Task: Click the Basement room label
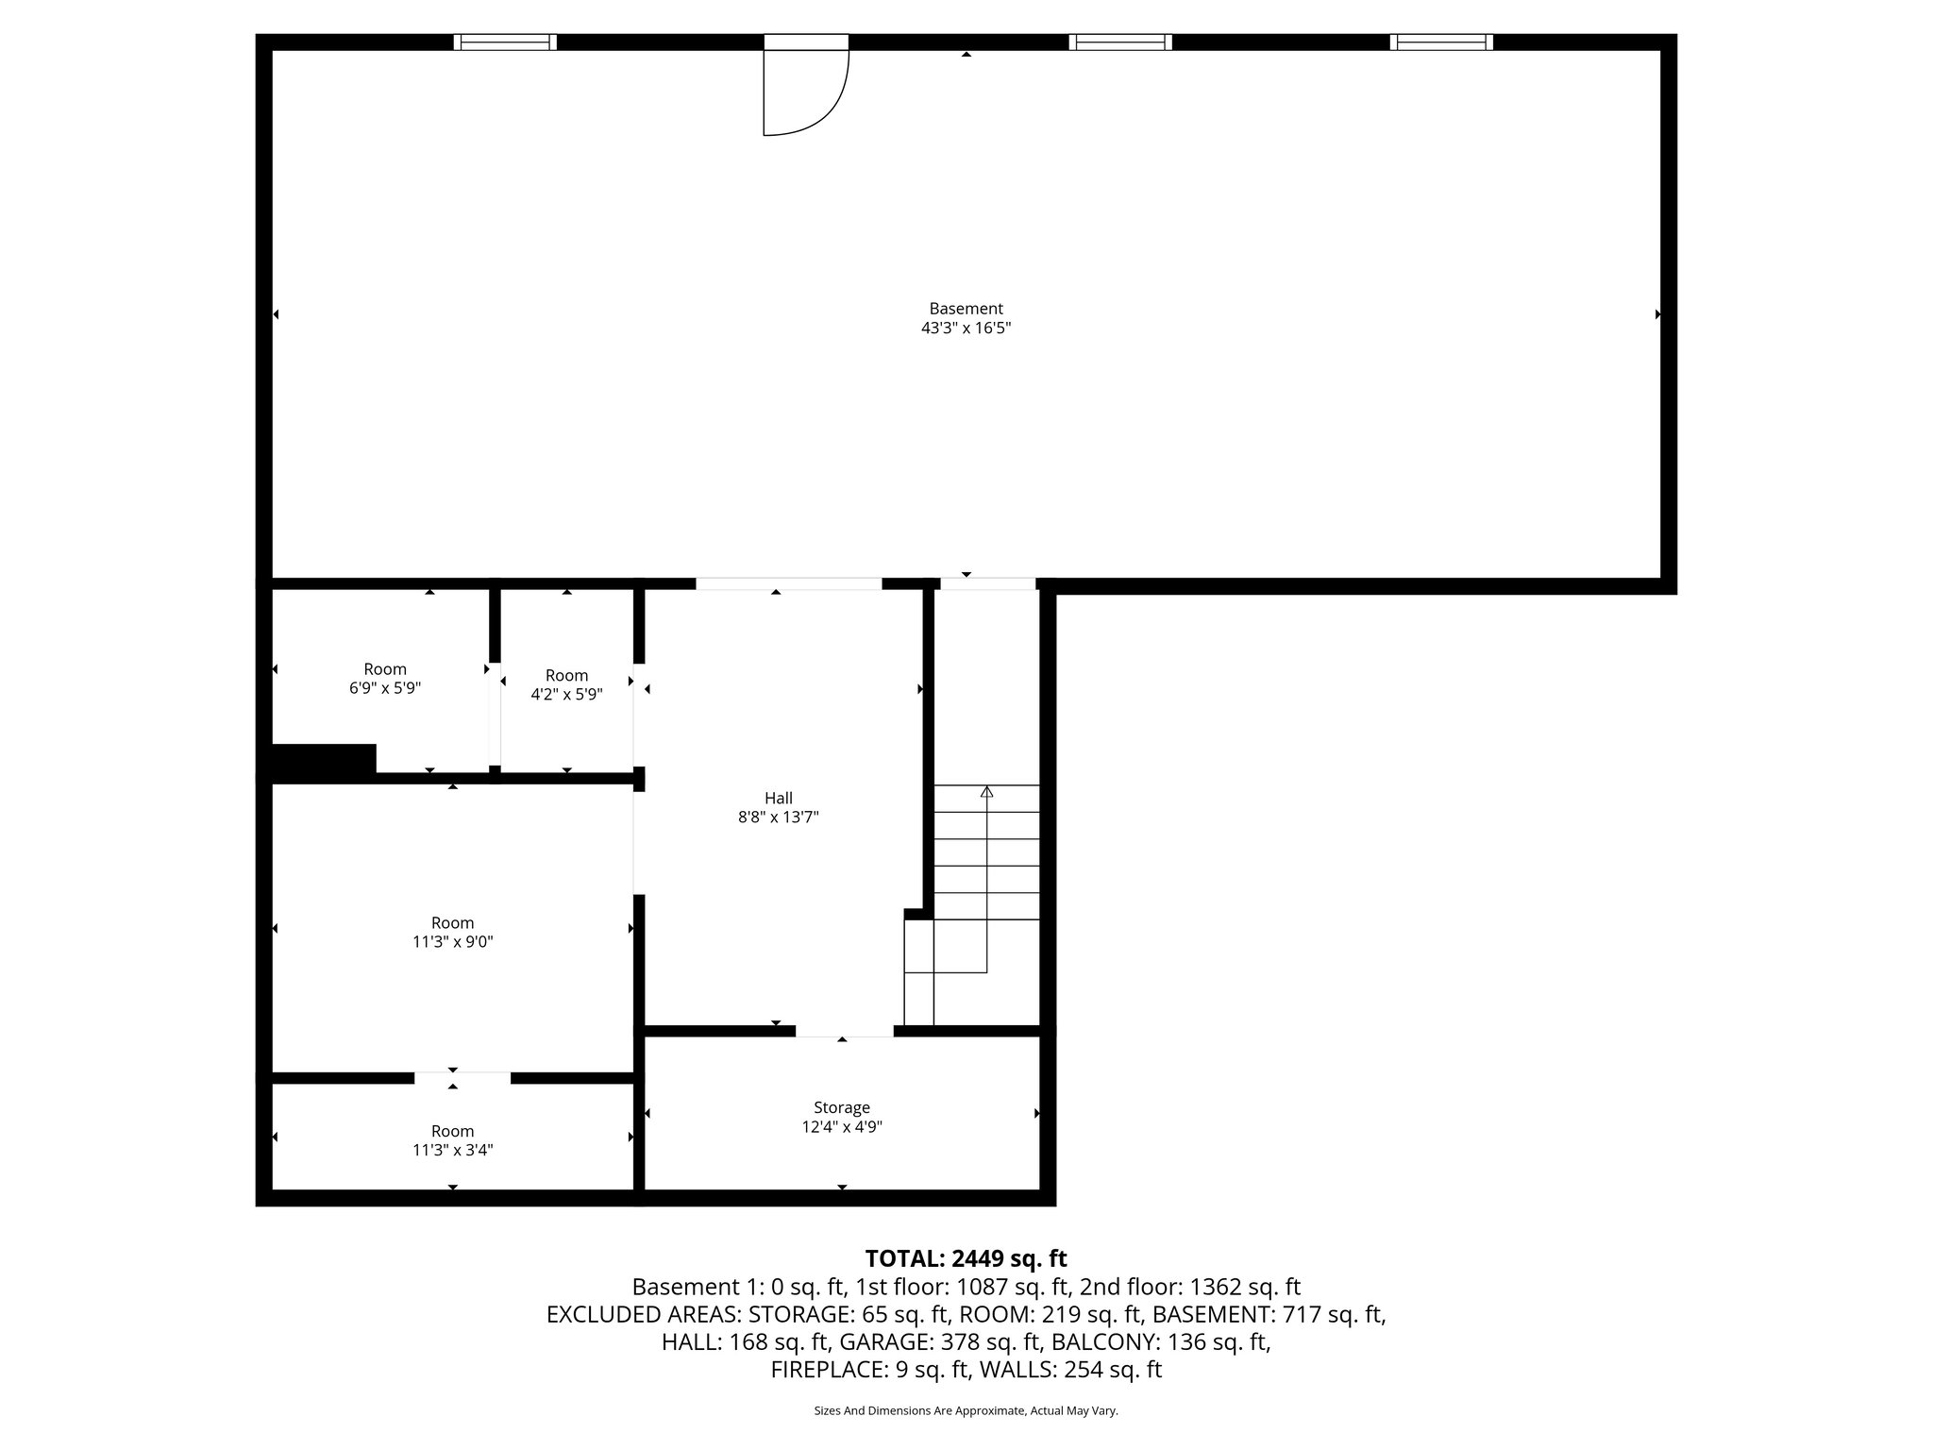click(966, 309)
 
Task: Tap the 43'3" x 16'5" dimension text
click(966, 329)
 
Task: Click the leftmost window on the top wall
click(505, 42)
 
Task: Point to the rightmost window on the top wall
click(1441, 42)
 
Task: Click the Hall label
click(778, 799)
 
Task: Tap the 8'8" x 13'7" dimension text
click(778, 818)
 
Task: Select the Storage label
click(841, 1107)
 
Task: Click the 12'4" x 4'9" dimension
click(841, 1127)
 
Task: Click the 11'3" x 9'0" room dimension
click(452, 942)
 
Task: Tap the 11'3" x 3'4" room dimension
click(452, 1150)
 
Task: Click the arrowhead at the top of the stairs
click(986, 792)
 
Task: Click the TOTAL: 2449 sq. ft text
click(966, 1258)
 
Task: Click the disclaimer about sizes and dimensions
click(966, 1411)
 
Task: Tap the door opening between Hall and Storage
click(844, 1031)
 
